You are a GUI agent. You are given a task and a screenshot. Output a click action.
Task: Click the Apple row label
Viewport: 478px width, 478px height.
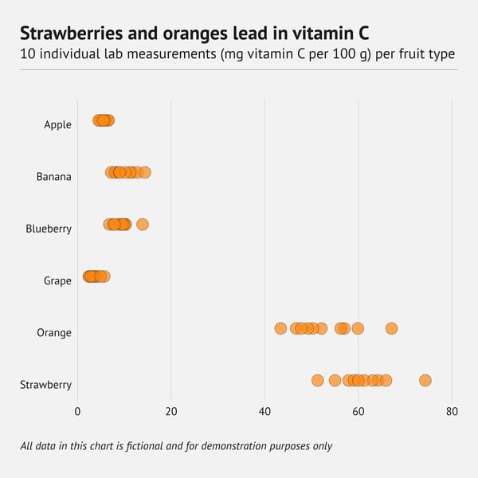click(x=57, y=124)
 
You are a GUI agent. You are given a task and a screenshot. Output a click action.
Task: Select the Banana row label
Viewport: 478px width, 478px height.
click(x=53, y=176)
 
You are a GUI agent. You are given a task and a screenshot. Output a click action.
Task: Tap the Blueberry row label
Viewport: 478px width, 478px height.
click(x=49, y=229)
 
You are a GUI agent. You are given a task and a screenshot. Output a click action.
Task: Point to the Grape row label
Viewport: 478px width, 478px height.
click(x=57, y=280)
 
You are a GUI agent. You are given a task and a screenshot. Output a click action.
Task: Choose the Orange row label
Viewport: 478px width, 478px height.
click(x=54, y=332)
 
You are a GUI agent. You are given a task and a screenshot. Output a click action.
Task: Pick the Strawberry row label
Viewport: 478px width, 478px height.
click(x=45, y=385)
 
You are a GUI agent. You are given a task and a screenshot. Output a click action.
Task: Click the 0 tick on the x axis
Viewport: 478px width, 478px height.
click(x=77, y=412)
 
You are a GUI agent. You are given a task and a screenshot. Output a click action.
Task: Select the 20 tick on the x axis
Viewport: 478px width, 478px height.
click(x=171, y=412)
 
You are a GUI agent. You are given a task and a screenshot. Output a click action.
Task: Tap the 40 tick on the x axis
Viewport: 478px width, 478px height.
click(x=264, y=412)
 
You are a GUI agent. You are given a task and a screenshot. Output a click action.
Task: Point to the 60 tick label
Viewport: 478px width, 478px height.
click(x=358, y=412)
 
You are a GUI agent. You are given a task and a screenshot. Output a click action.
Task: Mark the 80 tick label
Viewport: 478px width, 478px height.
click(x=452, y=412)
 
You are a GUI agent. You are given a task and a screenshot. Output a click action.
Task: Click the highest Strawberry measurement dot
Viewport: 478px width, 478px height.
click(x=425, y=380)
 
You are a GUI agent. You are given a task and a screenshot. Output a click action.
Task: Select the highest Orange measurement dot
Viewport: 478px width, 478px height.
click(x=391, y=328)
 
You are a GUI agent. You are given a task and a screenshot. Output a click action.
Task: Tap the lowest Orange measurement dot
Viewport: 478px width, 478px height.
click(x=280, y=328)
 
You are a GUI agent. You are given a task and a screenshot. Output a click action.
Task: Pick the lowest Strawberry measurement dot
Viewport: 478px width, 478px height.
click(x=318, y=380)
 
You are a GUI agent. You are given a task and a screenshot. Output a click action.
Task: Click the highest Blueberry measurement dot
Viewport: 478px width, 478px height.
click(x=143, y=224)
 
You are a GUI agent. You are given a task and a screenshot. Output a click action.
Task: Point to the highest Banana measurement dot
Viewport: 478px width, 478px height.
click(x=145, y=172)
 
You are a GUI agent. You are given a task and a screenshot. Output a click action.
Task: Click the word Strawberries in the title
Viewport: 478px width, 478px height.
click(x=71, y=33)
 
